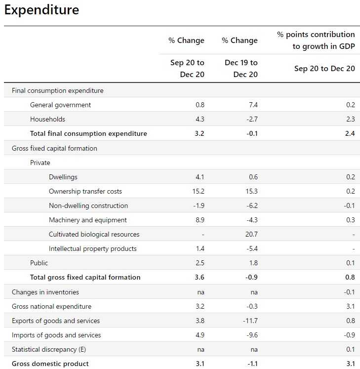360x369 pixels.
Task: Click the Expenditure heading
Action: click(41, 10)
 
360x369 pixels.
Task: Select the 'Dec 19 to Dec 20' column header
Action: click(241, 68)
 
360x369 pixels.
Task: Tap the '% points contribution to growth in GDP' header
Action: click(316, 41)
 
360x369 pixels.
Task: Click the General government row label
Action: click(60, 105)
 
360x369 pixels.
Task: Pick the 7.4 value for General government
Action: click(253, 105)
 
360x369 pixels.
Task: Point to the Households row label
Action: click(47, 119)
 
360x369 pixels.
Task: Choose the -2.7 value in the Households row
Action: click(252, 119)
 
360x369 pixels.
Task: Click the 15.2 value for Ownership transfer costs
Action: click(198, 191)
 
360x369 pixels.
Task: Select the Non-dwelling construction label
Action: click(88, 205)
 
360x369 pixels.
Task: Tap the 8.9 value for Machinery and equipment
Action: click(200, 220)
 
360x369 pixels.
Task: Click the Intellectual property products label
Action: click(93, 248)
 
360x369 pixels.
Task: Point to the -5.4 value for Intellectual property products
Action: click(252, 248)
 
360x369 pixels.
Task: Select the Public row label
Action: click(39, 263)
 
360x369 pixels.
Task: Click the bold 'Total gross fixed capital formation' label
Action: click(85, 277)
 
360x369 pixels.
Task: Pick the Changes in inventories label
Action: click(45, 292)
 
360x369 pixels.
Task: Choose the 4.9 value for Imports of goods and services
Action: click(200, 335)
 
